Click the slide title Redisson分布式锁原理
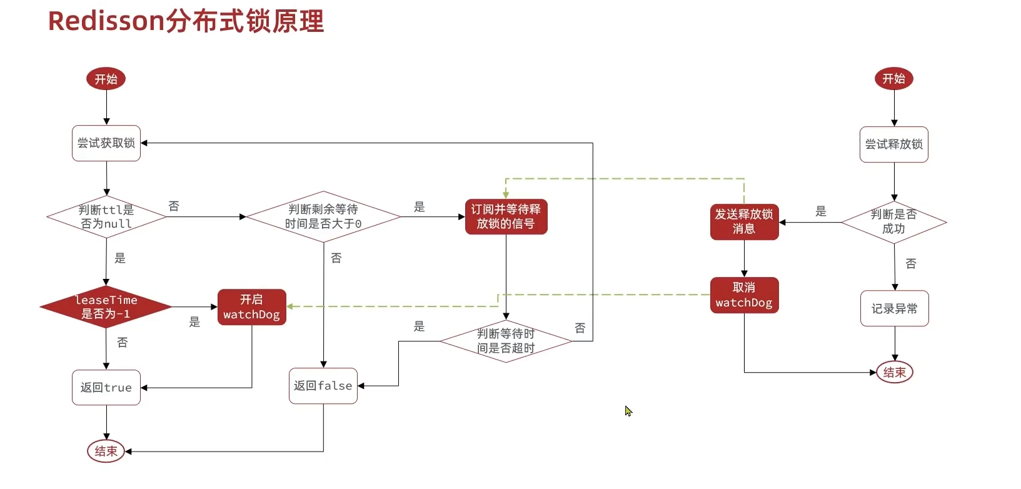186,21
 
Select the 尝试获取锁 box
106,143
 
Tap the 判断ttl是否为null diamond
106,217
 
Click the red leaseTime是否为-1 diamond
106,306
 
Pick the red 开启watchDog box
251,307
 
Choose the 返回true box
106,388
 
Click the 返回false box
323,386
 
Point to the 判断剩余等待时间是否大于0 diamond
323,216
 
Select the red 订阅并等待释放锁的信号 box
506,216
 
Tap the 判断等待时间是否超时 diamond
506,341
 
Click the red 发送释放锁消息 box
744,221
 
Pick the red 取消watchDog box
744,295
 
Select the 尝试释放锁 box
893,144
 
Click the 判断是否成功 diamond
893,222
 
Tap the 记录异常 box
894,308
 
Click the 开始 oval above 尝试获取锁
106,79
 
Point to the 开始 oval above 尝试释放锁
893,79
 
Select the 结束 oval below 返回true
106,451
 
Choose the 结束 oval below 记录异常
894,372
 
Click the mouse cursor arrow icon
628,410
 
